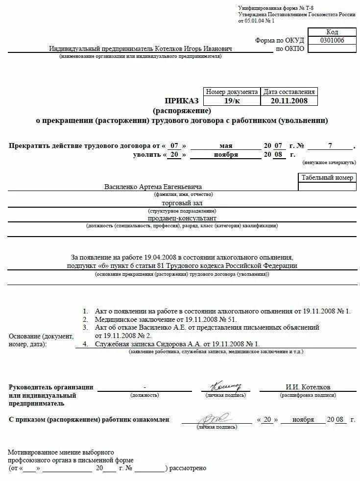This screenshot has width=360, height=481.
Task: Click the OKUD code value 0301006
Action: coord(332,40)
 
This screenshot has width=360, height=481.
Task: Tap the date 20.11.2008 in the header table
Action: coord(289,101)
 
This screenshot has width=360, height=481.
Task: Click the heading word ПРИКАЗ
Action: coord(182,101)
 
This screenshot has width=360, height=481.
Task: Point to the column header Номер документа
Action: coord(232,92)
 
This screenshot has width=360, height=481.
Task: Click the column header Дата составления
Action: coord(289,92)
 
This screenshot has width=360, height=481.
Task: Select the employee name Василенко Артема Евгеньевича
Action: coord(153,187)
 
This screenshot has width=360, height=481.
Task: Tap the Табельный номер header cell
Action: coord(327,178)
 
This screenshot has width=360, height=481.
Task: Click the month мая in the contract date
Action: coord(226,146)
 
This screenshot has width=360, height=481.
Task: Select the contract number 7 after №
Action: coord(330,146)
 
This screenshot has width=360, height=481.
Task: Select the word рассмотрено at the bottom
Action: coord(188,468)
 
